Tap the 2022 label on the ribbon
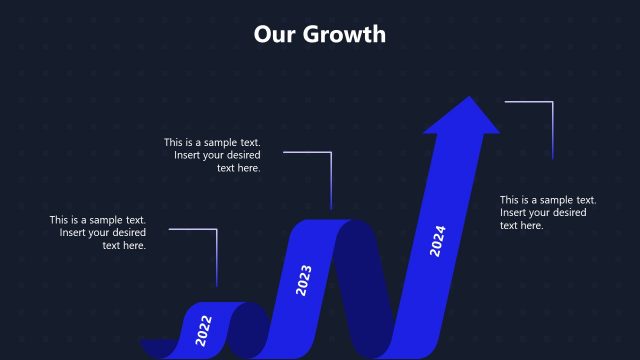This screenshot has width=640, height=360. point(204,329)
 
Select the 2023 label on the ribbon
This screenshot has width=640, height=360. point(304,280)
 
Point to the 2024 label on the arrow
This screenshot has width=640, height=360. point(437,240)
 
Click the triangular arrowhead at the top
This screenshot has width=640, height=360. point(461,115)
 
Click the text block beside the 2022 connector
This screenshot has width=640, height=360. point(98,232)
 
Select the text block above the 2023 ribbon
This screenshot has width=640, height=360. point(212,155)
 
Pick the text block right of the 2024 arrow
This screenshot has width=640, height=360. point(548,212)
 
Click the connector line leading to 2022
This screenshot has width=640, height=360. point(216,255)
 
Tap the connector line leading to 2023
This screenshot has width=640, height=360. point(330,180)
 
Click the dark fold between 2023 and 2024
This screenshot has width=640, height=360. point(370,290)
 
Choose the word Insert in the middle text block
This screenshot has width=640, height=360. point(190,155)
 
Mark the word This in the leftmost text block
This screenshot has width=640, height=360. point(61,220)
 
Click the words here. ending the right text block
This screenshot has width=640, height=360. point(529,225)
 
